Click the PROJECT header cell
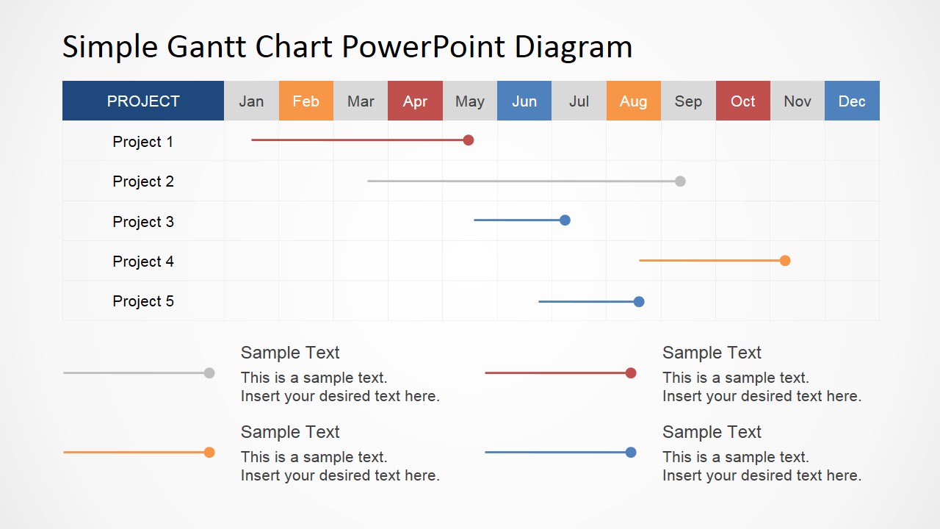click(x=143, y=101)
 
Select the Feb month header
click(x=306, y=101)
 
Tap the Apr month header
click(x=415, y=101)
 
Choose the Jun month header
click(x=524, y=101)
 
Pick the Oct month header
click(x=742, y=101)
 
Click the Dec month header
click(x=852, y=101)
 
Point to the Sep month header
click(x=688, y=101)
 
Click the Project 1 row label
click(x=143, y=142)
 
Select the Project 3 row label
click(x=143, y=222)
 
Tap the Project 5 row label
click(x=143, y=301)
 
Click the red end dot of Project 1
click(x=469, y=140)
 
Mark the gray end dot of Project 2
click(x=680, y=181)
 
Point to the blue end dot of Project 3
click(x=565, y=220)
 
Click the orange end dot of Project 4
click(x=785, y=261)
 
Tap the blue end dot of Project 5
click(x=639, y=301)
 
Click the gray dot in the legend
click(x=209, y=373)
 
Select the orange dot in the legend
click(x=209, y=452)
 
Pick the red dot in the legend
click(x=631, y=373)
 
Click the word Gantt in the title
click(x=206, y=46)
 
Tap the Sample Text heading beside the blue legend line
click(x=712, y=432)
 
